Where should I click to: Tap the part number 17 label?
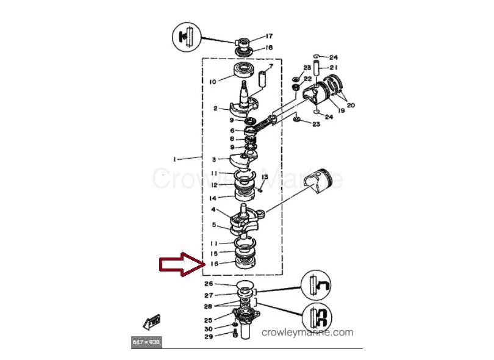[269, 36]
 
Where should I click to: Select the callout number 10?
[213, 81]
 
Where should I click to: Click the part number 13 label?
[265, 177]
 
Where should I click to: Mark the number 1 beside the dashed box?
[175, 159]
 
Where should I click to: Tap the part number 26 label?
[209, 284]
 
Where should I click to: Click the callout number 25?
[209, 320]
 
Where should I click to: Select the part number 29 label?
[209, 337]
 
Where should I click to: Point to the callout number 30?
[209, 329]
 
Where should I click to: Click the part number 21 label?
[334, 67]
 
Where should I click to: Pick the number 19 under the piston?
[341, 110]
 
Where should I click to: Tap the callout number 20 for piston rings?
[351, 106]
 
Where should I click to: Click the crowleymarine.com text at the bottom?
[307, 333]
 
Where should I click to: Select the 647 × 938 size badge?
[146, 342]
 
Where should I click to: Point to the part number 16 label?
[214, 264]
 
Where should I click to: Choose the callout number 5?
[213, 225]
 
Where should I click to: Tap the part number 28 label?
[209, 306]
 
